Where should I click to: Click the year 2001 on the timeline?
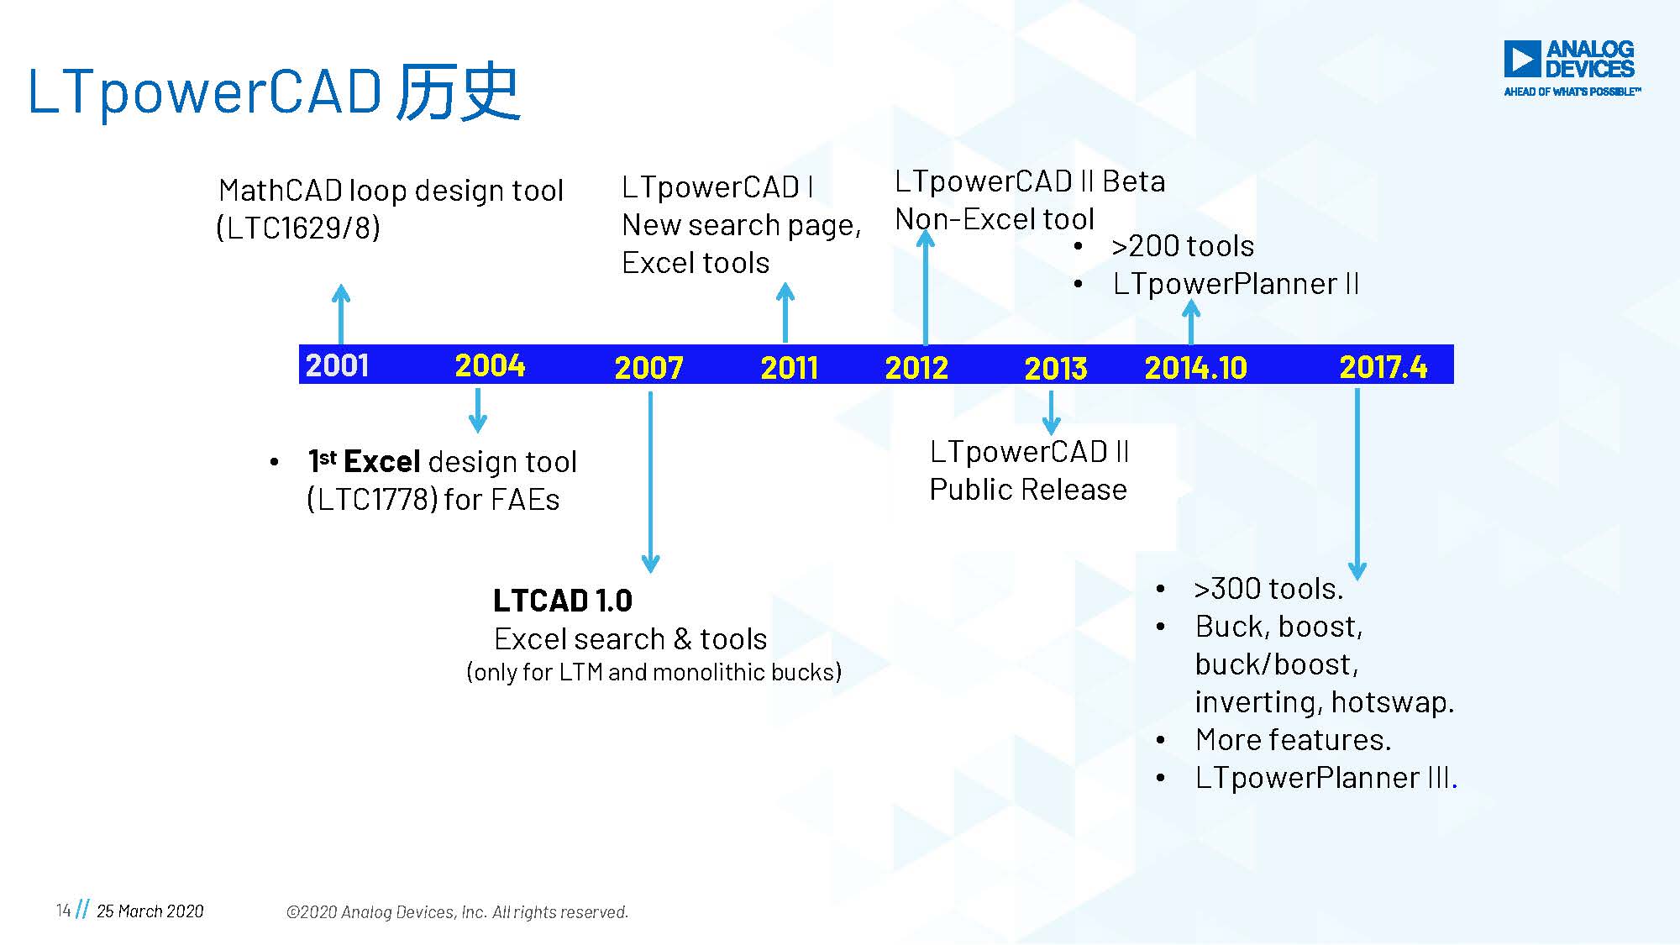[337, 365]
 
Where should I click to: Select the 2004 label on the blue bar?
[490, 365]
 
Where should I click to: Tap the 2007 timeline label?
[648, 367]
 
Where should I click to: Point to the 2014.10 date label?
[1195, 367]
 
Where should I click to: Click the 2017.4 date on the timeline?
[1383, 366]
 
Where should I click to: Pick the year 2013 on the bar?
[1056, 368]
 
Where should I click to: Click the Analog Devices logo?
[1569, 68]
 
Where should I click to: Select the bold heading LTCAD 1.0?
[562, 601]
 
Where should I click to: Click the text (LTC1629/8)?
[298, 228]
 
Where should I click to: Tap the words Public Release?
[1027, 490]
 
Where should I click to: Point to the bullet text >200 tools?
[1182, 246]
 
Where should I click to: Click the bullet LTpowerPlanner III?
[1325, 778]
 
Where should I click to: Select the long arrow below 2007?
[650, 479]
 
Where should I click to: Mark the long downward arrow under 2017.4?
[1357, 483]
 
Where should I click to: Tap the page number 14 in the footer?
[63, 911]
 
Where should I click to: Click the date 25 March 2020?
[150, 911]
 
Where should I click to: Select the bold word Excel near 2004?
[381, 462]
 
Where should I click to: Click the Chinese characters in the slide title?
[459, 91]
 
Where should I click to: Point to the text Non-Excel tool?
[995, 219]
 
